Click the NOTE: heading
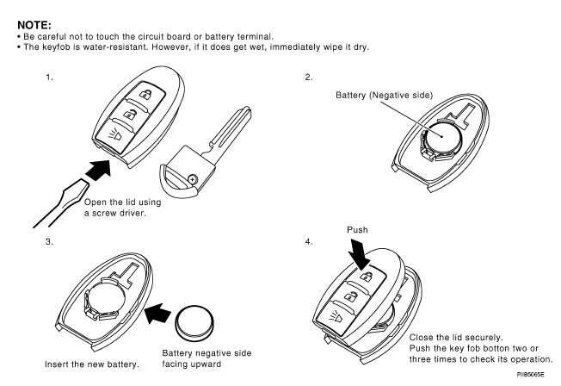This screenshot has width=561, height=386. click(x=34, y=25)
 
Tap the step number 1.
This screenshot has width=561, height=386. click(x=49, y=77)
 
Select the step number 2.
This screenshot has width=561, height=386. click(x=309, y=77)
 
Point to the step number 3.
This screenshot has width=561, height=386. click(x=49, y=241)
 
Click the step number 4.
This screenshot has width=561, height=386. click(x=309, y=241)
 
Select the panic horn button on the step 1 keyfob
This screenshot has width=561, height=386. click(x=114, y=136)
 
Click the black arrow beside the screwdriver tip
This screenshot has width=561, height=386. click(x=98, y=170)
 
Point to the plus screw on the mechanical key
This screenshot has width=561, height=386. click(x=193, y=179)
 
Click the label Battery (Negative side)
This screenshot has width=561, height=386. click(x=384, y=96)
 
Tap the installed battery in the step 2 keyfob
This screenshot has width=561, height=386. click(x=442, y=136)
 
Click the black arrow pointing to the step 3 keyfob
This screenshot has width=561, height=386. click(x=157, y=314)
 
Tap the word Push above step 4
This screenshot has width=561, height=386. click(x=357, y=230)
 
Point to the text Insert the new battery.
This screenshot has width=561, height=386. click(x=92, y=364)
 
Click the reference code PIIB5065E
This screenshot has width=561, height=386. click(x=530, y=375)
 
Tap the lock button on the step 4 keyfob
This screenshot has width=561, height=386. click(x=367, y=276)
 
